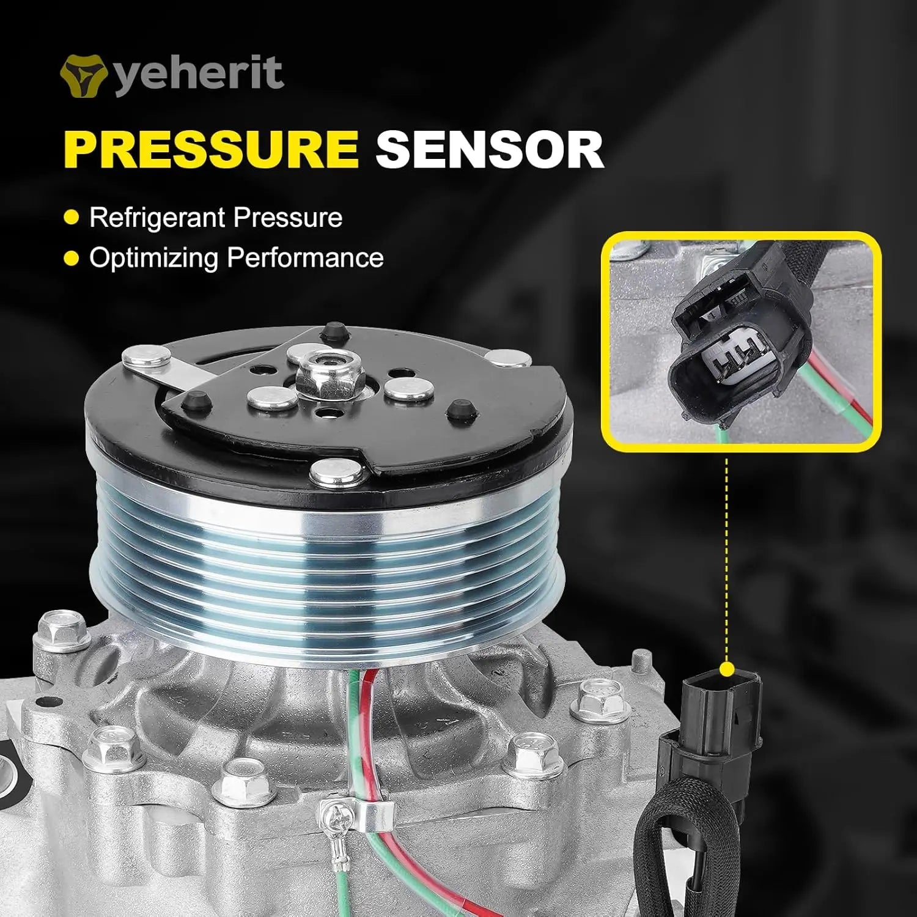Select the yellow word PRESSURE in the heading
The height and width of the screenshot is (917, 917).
tap(210, 149)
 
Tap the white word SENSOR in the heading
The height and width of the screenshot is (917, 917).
tap(490, 149)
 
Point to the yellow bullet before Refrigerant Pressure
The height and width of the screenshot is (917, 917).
tap(72, 218)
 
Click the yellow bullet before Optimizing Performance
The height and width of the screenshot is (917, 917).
tap(72, 258)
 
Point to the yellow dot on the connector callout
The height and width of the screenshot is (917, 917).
tap(726, 670)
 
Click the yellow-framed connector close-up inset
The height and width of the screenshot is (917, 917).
tap(741, 342)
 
